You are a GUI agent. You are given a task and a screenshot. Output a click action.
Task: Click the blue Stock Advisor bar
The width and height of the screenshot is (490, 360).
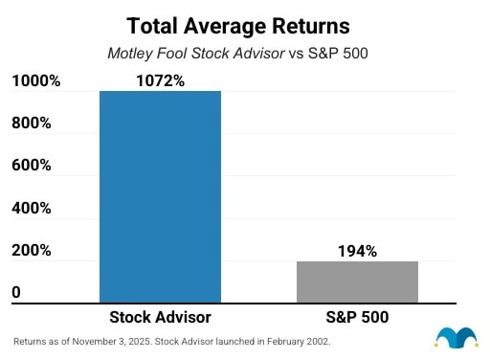click(x=160, y=196)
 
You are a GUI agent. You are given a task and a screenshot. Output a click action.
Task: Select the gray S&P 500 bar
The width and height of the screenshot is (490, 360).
click(x=357, y=281)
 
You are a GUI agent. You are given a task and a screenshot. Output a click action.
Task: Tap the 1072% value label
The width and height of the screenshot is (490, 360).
click(x=160, y=80)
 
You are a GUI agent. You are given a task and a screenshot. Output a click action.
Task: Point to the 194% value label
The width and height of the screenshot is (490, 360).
click(x=357, y=251)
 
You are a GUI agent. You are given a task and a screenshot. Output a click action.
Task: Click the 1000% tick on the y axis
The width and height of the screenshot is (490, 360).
click(x=35, y=81)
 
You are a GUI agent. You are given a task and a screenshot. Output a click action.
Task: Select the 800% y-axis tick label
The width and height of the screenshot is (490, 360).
click(x=31, y=124)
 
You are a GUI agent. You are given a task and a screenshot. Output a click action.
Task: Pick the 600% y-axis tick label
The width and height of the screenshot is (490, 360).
click(x=31, y=166)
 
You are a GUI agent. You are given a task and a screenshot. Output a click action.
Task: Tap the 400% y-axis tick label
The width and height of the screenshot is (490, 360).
click(x=31, y=208)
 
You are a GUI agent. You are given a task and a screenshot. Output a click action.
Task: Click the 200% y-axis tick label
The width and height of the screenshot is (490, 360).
click(x=31, y=250)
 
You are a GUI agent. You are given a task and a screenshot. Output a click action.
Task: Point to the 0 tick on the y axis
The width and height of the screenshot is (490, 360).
click(x=15, y=292)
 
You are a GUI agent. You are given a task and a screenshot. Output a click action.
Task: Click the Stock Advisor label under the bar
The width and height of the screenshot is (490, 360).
click(x=160, y=317)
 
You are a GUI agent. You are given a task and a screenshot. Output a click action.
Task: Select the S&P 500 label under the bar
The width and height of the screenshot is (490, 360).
click(x=357, y=317)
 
